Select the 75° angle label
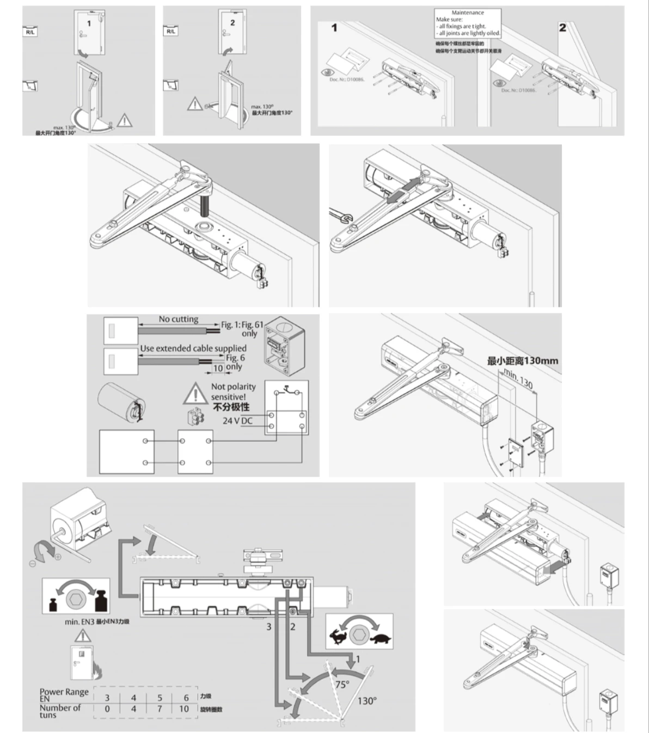(342, 684)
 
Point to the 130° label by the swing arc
(366, 701)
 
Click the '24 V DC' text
(238, 421)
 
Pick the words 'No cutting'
(178, 319)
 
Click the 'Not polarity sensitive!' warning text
(232, 392)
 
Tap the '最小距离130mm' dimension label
(522, 361)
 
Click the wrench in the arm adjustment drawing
(341, 215)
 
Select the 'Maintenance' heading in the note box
(467, 13)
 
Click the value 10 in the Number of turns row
(184, 709)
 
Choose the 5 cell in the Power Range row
(160, 698)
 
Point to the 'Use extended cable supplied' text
(193, 348)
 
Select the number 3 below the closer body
(268, 627)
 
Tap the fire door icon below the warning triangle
(82, 661)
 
